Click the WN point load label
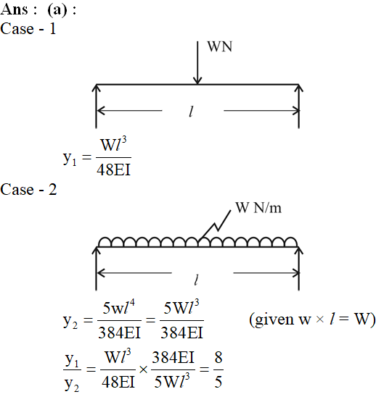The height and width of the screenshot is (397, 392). (x=220, y=46)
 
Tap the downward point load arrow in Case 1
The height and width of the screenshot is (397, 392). (x=197, y=62)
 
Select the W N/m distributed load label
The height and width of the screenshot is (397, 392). (x=258, y=208)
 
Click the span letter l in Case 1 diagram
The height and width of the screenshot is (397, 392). (x=192, y=112)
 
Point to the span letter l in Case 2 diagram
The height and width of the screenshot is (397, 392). (x=196, y=280)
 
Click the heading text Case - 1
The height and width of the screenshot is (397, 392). (x=28, y=28)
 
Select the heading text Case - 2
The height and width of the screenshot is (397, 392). (x=28, y=189)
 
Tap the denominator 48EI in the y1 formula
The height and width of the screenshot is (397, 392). (x=113, y=170)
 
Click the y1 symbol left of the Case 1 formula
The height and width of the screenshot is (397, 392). (x=70, y=158)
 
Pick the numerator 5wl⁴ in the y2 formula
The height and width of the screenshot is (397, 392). (x=118, y=307)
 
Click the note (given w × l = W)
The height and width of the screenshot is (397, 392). (x=312, y=319)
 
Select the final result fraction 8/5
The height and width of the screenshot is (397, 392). (x=219, y=370)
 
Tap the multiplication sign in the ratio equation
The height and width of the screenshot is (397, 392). (x=143, y=369)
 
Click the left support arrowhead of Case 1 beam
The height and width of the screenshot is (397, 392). (x=96, y=88)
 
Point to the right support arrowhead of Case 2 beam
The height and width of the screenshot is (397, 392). (x=299, y=251)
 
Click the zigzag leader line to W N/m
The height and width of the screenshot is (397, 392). (x=215, y=225)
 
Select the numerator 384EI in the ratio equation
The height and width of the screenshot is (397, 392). (x=173, y=358)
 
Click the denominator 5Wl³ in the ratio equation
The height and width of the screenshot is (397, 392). (x=172, y=381)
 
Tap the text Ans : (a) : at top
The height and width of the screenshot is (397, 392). (x=38, y=9)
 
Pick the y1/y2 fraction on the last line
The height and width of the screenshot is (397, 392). (x=72, y=371)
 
